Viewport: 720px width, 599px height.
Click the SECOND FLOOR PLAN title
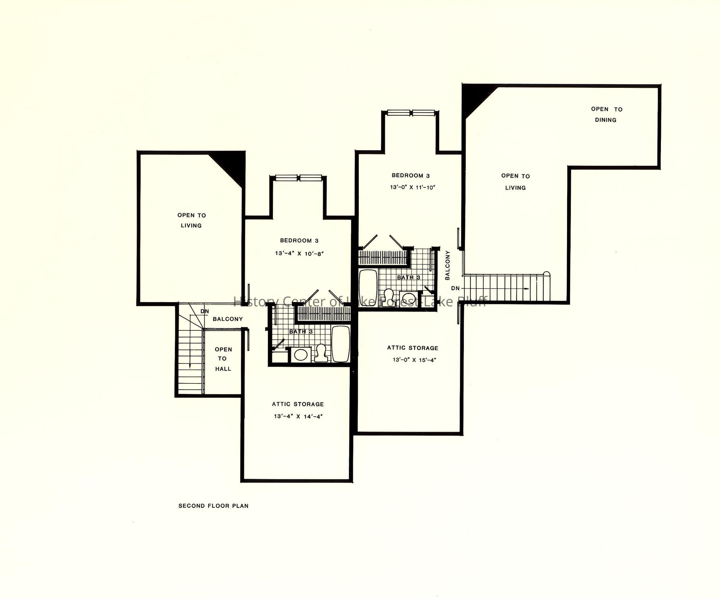coord(213,506)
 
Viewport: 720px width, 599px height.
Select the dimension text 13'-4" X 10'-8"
coord(299,254)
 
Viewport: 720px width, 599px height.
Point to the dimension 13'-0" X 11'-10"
coord(412,187)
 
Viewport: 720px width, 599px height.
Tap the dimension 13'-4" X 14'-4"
coord(298,416)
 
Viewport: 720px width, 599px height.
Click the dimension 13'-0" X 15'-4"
coord(414,360)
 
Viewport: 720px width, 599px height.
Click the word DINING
coord(605,120)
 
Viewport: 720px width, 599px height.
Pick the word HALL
coord(223,369)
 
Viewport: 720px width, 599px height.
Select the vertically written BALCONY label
coord(447,265)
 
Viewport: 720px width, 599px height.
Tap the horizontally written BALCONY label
coord(228,319)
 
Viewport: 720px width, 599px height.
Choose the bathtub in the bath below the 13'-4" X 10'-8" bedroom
coord(341,344)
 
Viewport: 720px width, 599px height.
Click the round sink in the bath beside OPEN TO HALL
coord(301,355)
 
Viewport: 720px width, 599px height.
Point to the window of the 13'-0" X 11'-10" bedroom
coord(411,113)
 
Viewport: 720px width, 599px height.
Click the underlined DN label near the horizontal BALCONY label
coord(205,311)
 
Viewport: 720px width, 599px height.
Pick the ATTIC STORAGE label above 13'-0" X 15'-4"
coord(413,348)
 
